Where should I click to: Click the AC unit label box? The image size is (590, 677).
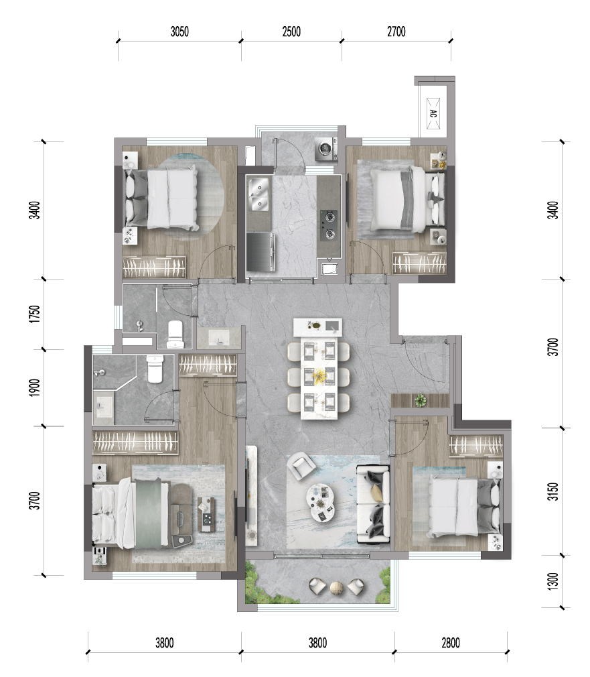point(433,113)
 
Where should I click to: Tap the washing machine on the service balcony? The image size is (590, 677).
point(326,149)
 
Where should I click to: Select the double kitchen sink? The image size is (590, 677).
point(259,195)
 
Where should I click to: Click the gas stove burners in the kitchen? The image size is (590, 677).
point(329,225)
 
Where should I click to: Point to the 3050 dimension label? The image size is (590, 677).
point(179,32)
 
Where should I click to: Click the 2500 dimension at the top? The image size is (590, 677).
point(291,32)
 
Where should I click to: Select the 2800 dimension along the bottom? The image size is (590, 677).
point(451,643)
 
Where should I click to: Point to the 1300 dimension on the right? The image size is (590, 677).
point(552,582)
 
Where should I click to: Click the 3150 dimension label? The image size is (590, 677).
point(552,491)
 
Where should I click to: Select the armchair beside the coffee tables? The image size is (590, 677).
point(301,465)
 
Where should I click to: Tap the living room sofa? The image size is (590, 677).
point(374,504)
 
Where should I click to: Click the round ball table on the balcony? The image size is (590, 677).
point(337,588)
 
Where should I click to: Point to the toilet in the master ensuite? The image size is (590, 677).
point(155,368)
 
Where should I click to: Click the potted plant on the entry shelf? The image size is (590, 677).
point(421,400)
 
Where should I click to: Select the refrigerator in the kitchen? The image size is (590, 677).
point(261,251)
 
